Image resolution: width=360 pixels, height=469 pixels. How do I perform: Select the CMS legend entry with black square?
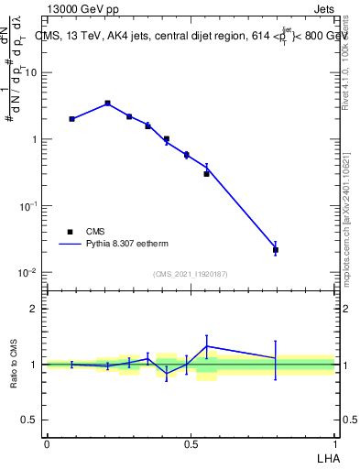point(70,232)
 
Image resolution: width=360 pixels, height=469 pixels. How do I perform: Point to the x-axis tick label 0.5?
point(191,443)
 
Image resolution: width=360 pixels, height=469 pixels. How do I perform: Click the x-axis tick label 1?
point(334,443)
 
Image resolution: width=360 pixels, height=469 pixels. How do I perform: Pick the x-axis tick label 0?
point(47,443)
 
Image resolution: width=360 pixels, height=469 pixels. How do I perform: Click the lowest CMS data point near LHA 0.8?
point(276,249)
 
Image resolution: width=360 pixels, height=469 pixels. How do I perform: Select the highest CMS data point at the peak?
point(107,104)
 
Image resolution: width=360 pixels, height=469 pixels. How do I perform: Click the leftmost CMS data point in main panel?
point(72,119)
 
